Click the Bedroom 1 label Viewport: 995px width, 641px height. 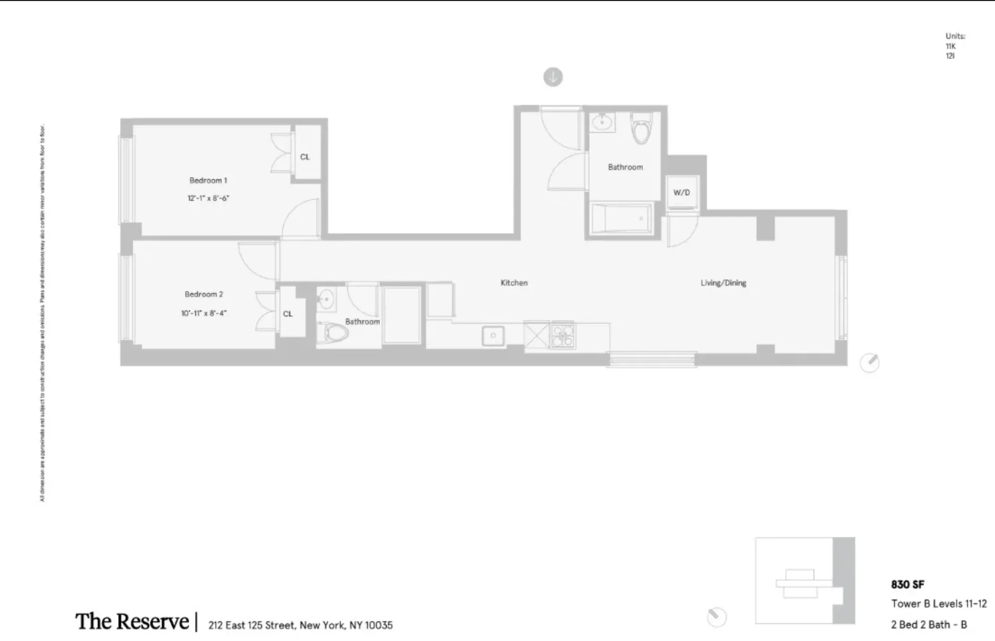[x=208, y=180]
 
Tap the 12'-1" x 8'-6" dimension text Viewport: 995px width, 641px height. [x=208, y=198]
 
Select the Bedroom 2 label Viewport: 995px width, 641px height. [x=203, y=294]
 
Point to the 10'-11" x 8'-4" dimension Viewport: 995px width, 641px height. [x=203, y=313]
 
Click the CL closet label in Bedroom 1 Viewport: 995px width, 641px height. [x=305, y=157]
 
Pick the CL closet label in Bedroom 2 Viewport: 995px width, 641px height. [x=288, y=314]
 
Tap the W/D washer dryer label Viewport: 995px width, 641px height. [x=681, y=192]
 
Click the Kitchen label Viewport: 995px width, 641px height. [x=514, y=283]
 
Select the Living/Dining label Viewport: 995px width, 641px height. [x=723, y=283]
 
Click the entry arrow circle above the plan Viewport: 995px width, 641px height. [x=553, y=77]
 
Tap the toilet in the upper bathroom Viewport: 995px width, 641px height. [x=641, y=129]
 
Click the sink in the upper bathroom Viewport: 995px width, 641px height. [x=602, y=122]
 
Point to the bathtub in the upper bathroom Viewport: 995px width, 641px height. [x=621, y=219]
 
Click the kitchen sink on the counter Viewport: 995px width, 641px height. [x=493, y=335]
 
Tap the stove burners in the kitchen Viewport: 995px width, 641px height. [x=562, y=335]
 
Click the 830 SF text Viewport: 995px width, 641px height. [x=908, y=585]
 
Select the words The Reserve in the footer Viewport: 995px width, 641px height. [x=132, y=622]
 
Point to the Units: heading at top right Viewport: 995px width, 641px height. [x=955, y=36]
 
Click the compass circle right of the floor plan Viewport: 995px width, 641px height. [x=870, y=362]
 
